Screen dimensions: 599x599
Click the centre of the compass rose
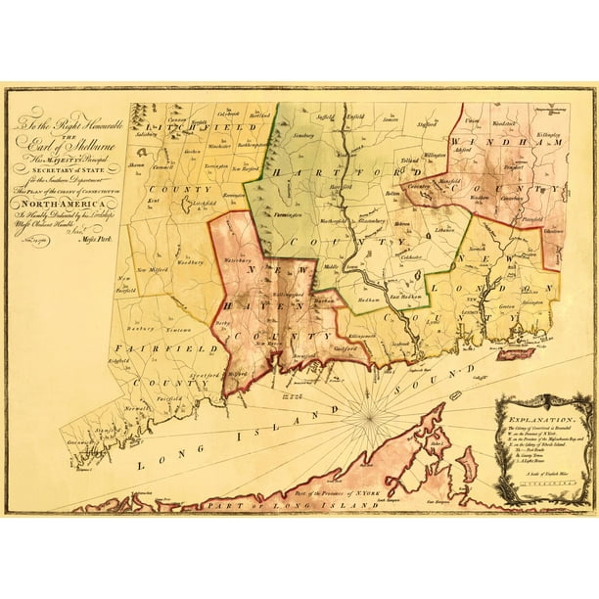(369, 418)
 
